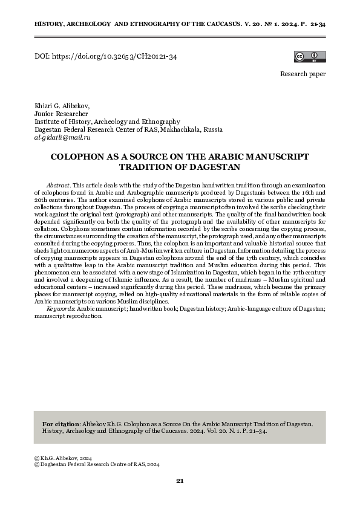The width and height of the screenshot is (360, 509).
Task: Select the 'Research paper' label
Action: click(303, 74)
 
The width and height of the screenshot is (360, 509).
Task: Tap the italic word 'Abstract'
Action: click(58, 183)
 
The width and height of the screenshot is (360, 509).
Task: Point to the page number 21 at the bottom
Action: click(180, 481)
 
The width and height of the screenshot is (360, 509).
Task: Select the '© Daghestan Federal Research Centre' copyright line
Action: click(97, 465)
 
